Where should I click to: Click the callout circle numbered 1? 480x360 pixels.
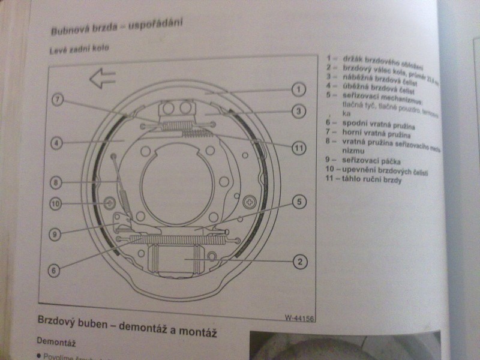(x=297, y=91)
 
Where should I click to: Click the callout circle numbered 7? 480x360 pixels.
(x=57, y=100)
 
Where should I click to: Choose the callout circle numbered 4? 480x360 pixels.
(x=55, y=143)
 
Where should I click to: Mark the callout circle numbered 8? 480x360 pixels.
(x=55, y=181)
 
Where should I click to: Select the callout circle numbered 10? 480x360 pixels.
(x=55, y=204)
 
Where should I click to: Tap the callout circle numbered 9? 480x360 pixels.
(x=55, y=235)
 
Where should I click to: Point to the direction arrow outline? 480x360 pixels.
(x=102, y=78)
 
